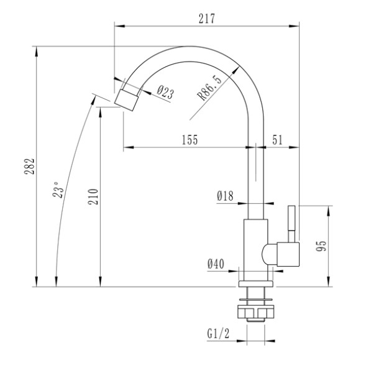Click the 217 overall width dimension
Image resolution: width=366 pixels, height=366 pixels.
tap(207, 19)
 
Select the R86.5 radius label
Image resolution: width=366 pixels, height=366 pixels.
tap(209, 88)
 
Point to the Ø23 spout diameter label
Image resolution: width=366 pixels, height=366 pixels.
tap(165, 93)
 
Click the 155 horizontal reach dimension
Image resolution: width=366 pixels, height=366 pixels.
tap(190, 140)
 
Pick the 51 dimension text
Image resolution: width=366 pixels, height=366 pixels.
tap(277, 140)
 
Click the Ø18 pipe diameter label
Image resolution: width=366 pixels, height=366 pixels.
tap(225, 196)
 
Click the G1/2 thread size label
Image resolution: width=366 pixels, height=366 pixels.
tap(219, 334)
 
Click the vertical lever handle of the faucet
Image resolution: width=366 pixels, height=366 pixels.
tap(290, 224)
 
